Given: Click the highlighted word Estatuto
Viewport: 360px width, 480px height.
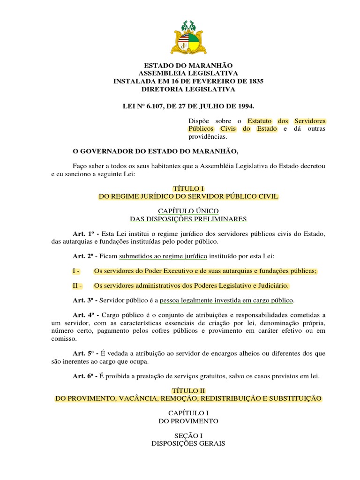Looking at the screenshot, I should coord(261,121).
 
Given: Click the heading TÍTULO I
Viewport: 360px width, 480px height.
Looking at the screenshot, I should coord(188,189).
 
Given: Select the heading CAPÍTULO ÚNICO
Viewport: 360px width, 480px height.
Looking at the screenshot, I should coord(188,211).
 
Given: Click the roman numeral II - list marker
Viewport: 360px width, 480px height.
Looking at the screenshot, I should coord(78,285).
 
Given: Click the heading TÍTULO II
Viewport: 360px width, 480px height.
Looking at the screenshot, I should coord(188,390).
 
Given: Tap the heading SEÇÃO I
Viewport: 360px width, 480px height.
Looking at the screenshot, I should coord(188,435).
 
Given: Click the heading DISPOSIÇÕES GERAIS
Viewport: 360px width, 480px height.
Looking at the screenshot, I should coord(188,443).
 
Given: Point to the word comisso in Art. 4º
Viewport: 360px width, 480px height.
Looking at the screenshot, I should coord(63,338).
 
